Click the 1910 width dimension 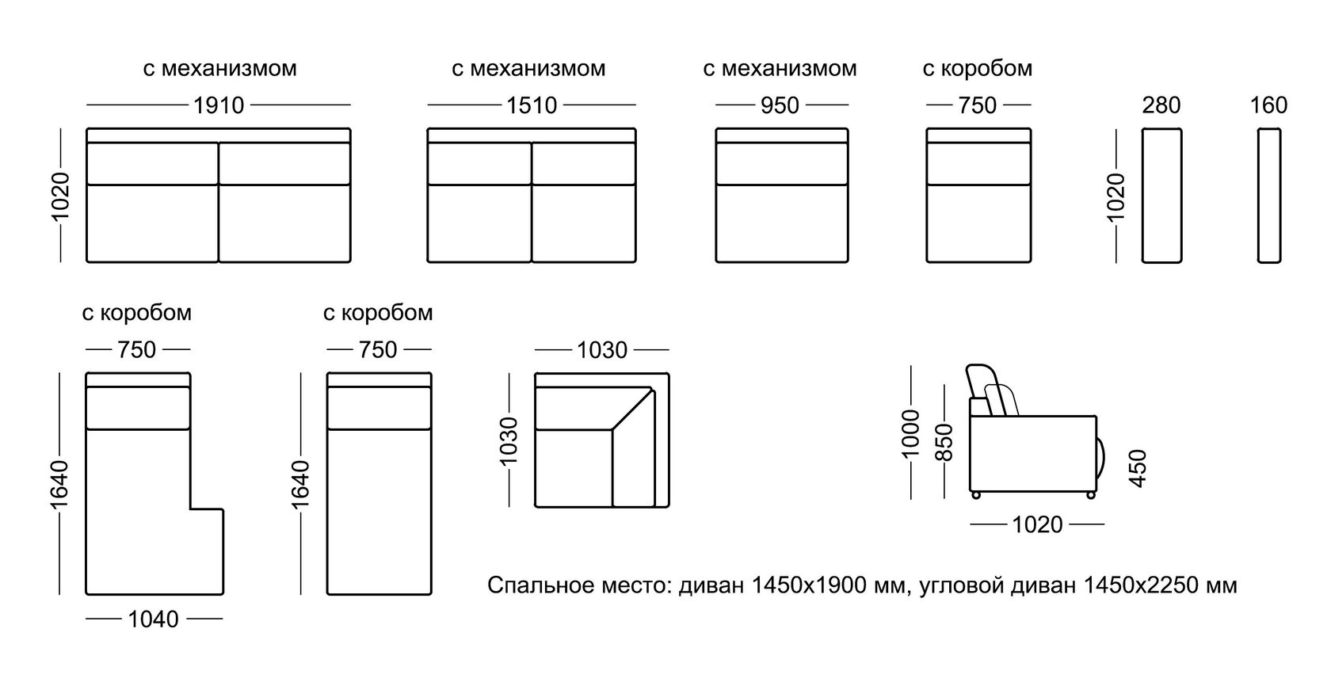click(x=219, y=105)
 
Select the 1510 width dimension click(x=532, y=105)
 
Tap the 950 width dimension click(x=780, y=105)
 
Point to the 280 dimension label click(x=1161, y=105)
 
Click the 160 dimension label click(x=1268, y=105)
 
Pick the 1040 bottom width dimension click(x=153, y=619)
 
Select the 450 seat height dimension click(x=1138, y=468)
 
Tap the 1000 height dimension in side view click(x=912, y=433)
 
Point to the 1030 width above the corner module click(x=601, y=349)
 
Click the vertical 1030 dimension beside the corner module click(x=508, y=441)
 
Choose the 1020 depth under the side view click(x=1037, y=524)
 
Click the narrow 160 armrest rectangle click(x=1269, y=196)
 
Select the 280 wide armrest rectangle click(x=1161, y=196)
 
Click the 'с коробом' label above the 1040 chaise click(x=136, y=313)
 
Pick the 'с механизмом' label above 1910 click(x=219, y=69)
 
